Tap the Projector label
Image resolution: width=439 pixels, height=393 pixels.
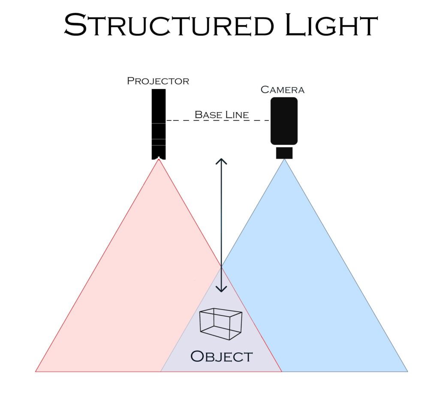tap(158, 81)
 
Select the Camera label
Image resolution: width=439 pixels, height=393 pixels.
tap(283, 90)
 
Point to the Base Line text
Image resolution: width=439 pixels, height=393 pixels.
tap(222, 115)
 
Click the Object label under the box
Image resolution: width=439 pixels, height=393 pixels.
tap(221, 356)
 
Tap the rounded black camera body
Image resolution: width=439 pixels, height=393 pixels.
tap(284, 121)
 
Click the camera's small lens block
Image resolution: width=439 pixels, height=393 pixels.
tap(284, 153)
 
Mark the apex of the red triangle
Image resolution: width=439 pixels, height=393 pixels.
tap(159, 160)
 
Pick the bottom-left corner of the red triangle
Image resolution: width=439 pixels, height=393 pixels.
tap(36, 371)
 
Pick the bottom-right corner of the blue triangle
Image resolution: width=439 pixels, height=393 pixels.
tap(407, 371)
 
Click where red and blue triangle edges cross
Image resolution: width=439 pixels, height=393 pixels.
tap(221, 267)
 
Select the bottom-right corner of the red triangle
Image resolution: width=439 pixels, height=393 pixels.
tap(281, 371)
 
